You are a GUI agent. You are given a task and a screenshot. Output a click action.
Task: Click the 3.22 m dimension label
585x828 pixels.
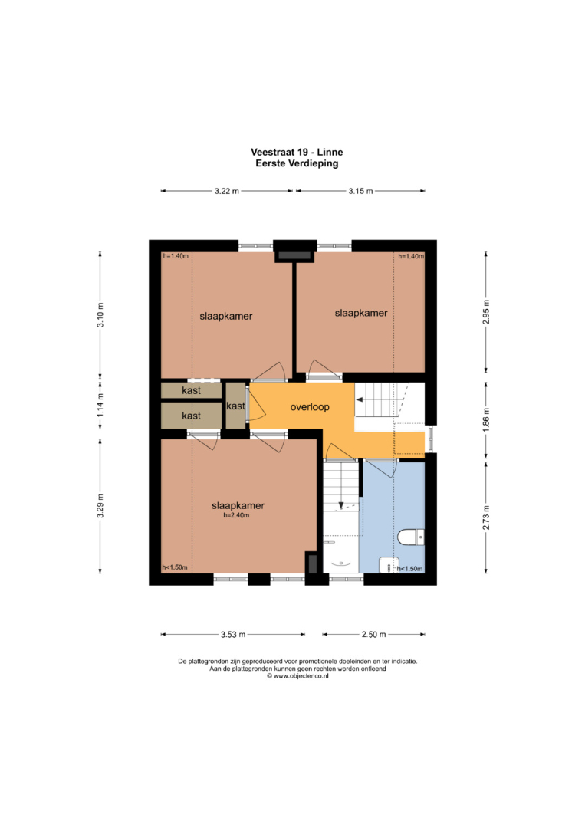226,191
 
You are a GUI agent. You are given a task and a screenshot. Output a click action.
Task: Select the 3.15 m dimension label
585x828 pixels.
360,191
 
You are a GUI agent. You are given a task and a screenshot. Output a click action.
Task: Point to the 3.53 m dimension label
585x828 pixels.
233,634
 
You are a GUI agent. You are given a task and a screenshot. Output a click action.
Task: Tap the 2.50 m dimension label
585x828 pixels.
374,634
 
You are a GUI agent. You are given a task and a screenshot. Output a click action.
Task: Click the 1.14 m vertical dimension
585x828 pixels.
100,406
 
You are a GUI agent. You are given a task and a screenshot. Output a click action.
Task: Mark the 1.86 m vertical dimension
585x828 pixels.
486,419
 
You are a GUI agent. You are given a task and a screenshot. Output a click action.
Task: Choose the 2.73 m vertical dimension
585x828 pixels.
486,517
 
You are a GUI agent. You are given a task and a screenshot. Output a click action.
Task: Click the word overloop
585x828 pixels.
310,407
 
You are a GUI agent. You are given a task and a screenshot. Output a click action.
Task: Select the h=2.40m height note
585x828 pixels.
236,515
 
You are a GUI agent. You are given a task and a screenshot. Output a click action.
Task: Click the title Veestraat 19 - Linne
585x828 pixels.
297,152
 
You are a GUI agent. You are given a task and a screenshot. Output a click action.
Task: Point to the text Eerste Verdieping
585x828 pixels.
297,163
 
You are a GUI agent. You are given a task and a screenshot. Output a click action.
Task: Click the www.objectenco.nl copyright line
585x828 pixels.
297,676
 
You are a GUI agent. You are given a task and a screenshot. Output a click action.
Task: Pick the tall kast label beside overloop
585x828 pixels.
235,406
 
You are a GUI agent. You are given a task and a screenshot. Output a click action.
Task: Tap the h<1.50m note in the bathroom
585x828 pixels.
410,569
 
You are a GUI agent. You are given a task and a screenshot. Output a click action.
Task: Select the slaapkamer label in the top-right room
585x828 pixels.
361,313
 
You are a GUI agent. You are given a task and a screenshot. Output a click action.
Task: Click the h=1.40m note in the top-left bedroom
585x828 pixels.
176,256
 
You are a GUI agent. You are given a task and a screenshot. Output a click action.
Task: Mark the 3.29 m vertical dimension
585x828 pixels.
100,506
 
